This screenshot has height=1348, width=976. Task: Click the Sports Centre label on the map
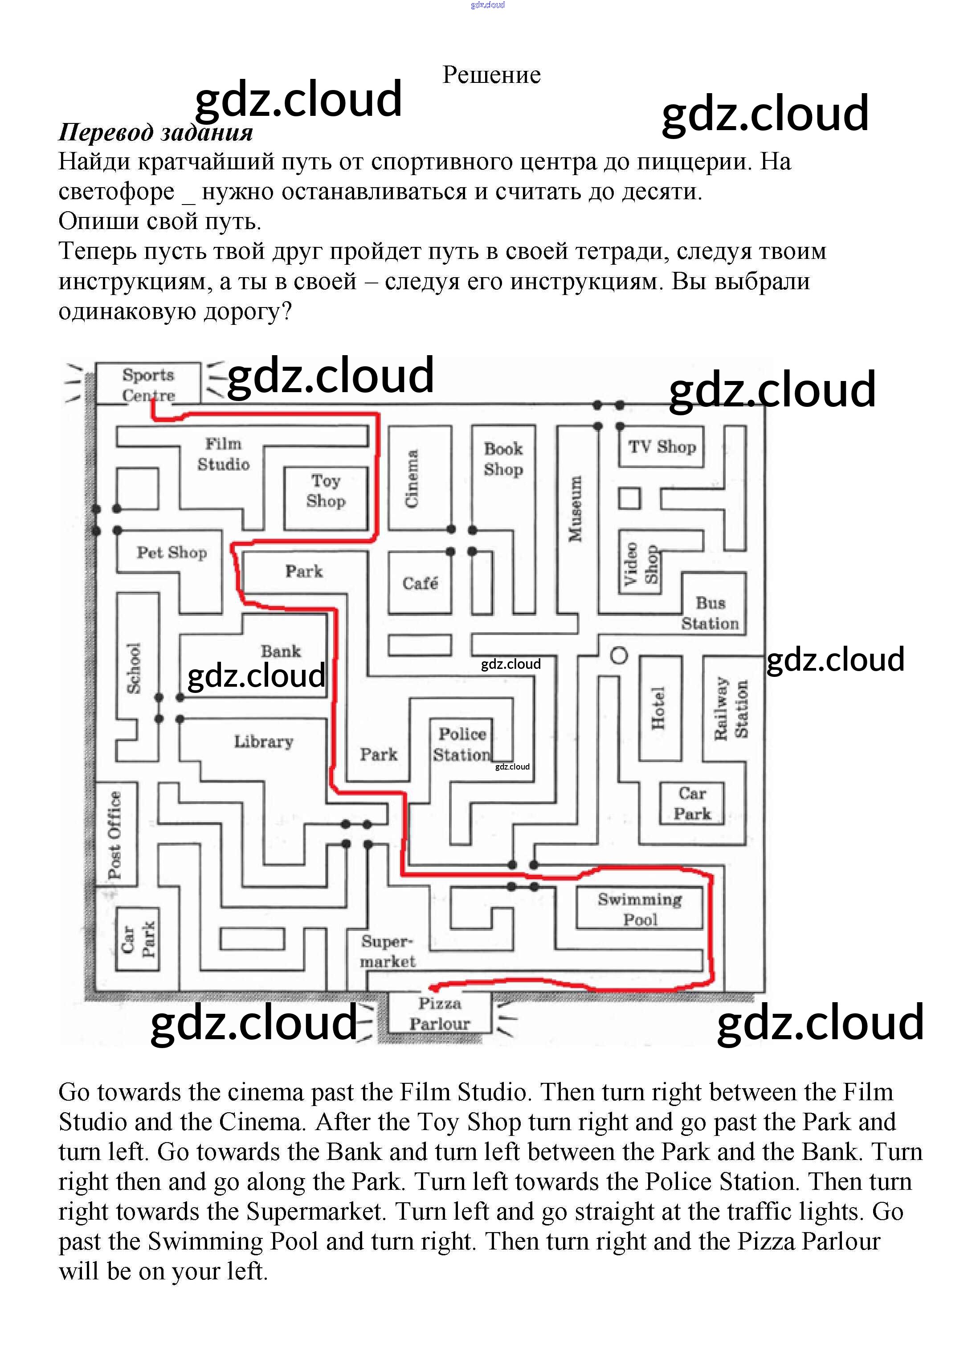(148, 385)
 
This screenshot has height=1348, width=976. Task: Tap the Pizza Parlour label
(440, 1013)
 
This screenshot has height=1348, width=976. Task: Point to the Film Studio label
(223, 454)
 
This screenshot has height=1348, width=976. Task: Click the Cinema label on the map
(412, 479)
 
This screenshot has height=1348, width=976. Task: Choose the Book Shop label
(503, 459)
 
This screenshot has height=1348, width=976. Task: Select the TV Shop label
(662, 447)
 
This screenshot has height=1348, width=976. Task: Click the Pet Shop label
(172, 552)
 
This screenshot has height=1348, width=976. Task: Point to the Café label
(420, 583)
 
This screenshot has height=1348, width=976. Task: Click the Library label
(263, 741)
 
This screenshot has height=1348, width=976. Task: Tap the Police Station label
(462, 744)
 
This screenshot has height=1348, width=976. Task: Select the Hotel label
(658, 708)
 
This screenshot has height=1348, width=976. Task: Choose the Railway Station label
(731, 708)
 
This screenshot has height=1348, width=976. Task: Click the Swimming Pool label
(640, 910)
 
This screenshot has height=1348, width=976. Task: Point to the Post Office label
(114, 835)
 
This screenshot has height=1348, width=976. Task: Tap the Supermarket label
(387, 951)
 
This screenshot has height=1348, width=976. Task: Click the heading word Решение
(491, 75)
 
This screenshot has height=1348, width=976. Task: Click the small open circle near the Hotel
(619, 656)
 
